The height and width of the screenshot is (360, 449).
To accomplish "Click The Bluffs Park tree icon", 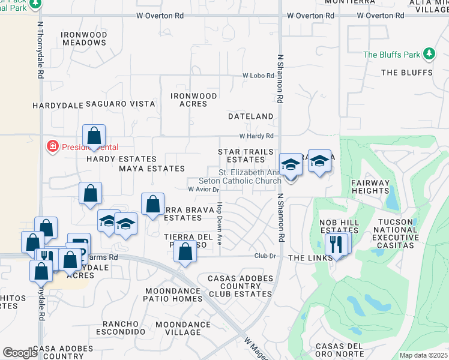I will coord(429,55).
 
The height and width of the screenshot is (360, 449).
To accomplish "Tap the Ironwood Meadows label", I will coord(84,39).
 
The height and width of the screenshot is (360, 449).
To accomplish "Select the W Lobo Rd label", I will coord(258,76).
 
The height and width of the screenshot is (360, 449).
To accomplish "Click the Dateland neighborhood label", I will coord(250,116).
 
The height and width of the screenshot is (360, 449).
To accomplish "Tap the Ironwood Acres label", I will coord(193,100).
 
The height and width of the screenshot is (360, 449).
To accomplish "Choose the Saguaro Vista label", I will coord(120,104).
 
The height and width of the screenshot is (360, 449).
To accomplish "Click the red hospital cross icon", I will coord(53,146).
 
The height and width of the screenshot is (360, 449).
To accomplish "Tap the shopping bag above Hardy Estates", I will coord(94,136).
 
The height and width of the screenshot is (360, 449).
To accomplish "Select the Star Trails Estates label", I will coord(246,156).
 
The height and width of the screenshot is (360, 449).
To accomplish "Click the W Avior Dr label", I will coord(201,188).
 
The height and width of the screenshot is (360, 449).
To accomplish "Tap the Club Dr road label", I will coord(264,256).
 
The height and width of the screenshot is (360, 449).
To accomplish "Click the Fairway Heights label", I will coord(370,187).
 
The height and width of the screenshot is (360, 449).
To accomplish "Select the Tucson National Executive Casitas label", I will coord(396,233).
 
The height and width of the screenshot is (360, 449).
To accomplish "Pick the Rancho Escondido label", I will coord(124,326).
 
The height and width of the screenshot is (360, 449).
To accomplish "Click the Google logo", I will coord(20,353).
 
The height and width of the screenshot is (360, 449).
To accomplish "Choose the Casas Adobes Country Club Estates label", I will coord(241,286).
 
